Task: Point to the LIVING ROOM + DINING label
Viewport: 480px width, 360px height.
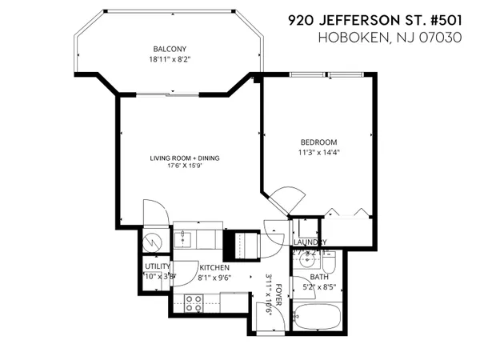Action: click(x=185, y=158)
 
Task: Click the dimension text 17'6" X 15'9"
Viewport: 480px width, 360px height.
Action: click(x=185, y=166)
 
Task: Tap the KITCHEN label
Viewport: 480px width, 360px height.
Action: click(x=214, y=267)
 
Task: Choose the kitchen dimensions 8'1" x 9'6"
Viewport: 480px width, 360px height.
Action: click(x=214, y=278)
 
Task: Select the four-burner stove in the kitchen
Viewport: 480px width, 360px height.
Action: click(x=194, y=302)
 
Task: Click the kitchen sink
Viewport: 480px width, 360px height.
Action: click(x=183, y=237)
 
